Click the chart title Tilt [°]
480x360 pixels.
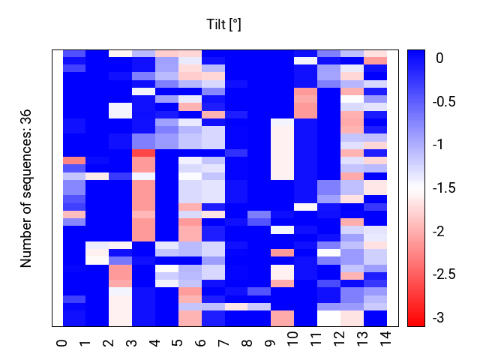[223, 25]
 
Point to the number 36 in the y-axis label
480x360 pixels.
[25, 117]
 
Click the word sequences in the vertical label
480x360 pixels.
[25, 166]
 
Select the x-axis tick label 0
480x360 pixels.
[61, 343]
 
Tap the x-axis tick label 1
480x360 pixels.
[85, 343]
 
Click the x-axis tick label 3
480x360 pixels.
[131, 343]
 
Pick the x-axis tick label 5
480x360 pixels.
[178, 343]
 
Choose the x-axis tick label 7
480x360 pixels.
[223, 343]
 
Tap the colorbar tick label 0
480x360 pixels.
[439, 58]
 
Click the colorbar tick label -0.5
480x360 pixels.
[444, 101]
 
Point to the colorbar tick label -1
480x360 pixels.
[438, 145]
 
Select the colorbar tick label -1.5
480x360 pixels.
[444, 187]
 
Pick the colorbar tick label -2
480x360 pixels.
[438, 231]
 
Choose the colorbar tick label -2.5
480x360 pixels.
[444, 274]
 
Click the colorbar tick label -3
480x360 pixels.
[438, 317]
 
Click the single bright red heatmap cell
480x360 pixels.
[143, 153]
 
